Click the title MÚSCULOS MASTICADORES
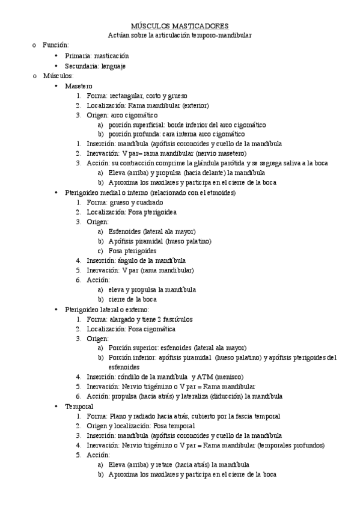[180, 26]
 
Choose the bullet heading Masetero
[79, 85]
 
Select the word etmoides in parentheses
[219, 192]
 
